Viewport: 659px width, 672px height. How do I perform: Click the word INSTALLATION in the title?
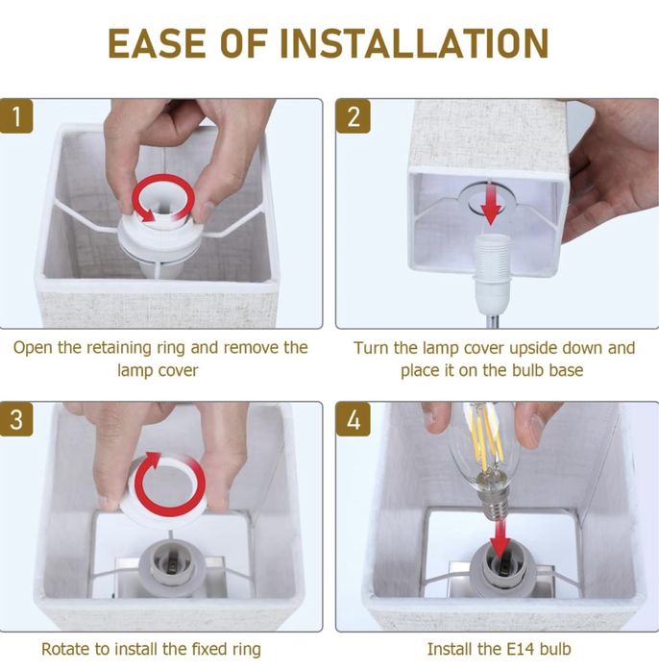414,43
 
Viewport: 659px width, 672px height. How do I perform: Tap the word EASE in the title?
157,43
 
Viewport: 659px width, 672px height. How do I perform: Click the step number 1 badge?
16,116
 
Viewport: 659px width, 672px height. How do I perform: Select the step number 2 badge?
353,116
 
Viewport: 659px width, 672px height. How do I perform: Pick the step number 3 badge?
16,419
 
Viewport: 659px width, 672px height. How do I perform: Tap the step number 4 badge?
353,419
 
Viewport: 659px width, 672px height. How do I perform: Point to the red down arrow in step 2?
490,202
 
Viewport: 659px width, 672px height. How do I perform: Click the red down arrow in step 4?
500,537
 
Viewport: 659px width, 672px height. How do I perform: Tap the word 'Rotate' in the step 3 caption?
65,649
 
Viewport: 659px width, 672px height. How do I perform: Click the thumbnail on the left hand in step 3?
107,503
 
